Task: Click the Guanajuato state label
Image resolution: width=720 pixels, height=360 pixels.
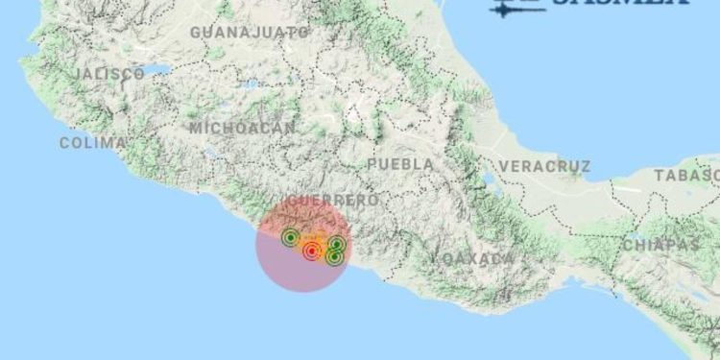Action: point(250,32)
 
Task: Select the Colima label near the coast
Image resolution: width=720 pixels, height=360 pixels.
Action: point(92,143)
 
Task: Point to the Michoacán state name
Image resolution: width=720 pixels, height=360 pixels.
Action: point(242,128)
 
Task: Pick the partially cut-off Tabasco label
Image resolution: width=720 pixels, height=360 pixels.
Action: point(686,175)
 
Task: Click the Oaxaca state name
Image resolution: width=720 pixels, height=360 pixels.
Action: point(473,259)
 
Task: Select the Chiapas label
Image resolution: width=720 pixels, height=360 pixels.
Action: point(660,245)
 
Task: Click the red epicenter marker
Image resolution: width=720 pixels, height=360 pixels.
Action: point(311,252)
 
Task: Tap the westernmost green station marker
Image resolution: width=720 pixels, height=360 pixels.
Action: point(290,237)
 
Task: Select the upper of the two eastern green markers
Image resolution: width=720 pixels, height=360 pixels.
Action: point(337,245)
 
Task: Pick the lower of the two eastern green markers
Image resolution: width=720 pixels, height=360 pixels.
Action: point(334,256)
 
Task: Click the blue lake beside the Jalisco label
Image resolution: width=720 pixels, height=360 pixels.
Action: point(158,70)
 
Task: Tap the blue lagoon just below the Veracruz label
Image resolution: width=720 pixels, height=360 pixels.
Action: point(492,180)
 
